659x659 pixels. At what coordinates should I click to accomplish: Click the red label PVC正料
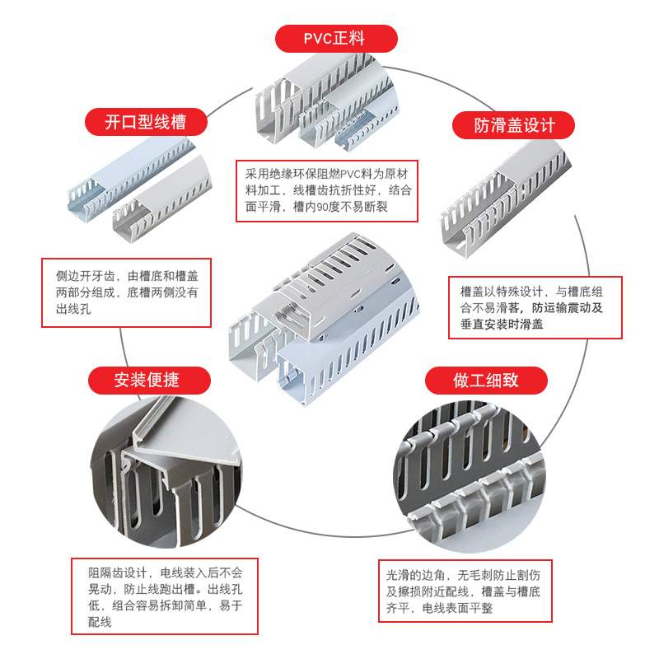tap(334, 38)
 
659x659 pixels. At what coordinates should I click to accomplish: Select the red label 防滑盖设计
tap(513, 125)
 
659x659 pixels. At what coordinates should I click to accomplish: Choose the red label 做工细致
tap(486, 380)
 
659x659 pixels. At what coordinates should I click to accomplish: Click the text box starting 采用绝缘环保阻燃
tap(328, 190)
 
